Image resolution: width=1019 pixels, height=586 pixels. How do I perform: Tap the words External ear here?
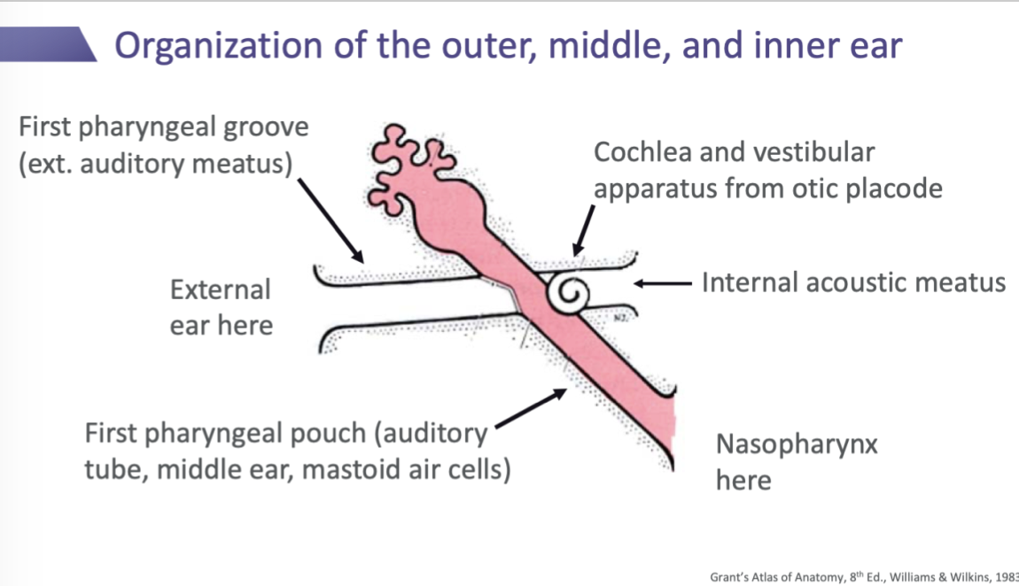222,307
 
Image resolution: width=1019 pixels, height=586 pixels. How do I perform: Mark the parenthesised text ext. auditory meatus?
156,165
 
